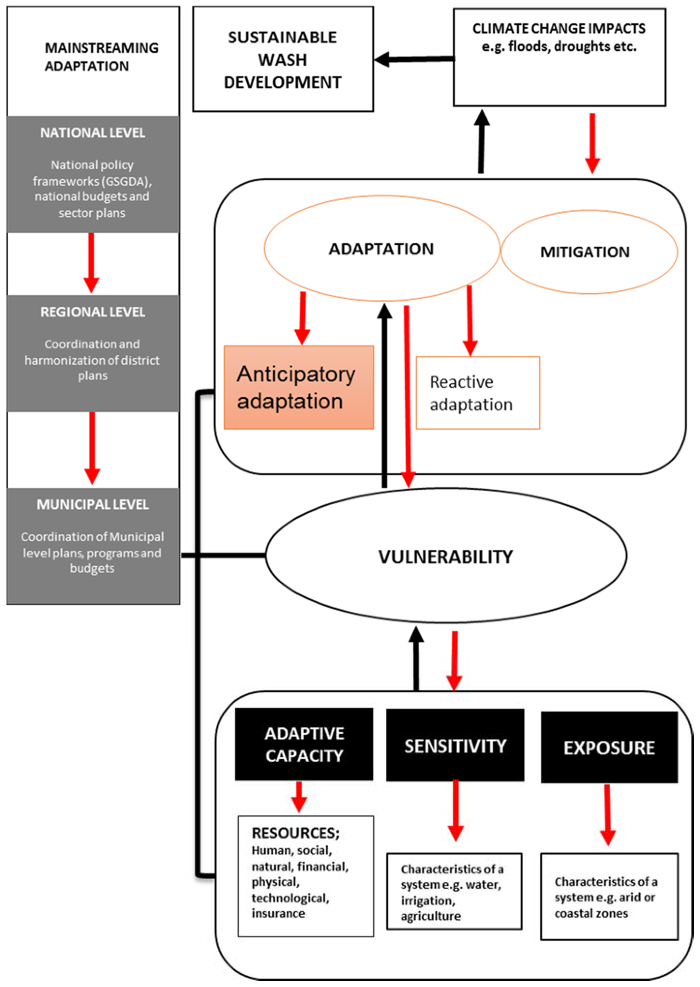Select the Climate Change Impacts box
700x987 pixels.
559,57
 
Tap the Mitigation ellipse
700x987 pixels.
589,252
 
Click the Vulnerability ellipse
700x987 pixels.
446,556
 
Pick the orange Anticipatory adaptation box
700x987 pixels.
298,387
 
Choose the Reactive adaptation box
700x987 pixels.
477,393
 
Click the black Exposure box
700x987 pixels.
609,747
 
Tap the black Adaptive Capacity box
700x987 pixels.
304,744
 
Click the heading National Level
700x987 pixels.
93,133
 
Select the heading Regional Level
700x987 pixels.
93,312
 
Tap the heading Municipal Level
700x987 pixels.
93,504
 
